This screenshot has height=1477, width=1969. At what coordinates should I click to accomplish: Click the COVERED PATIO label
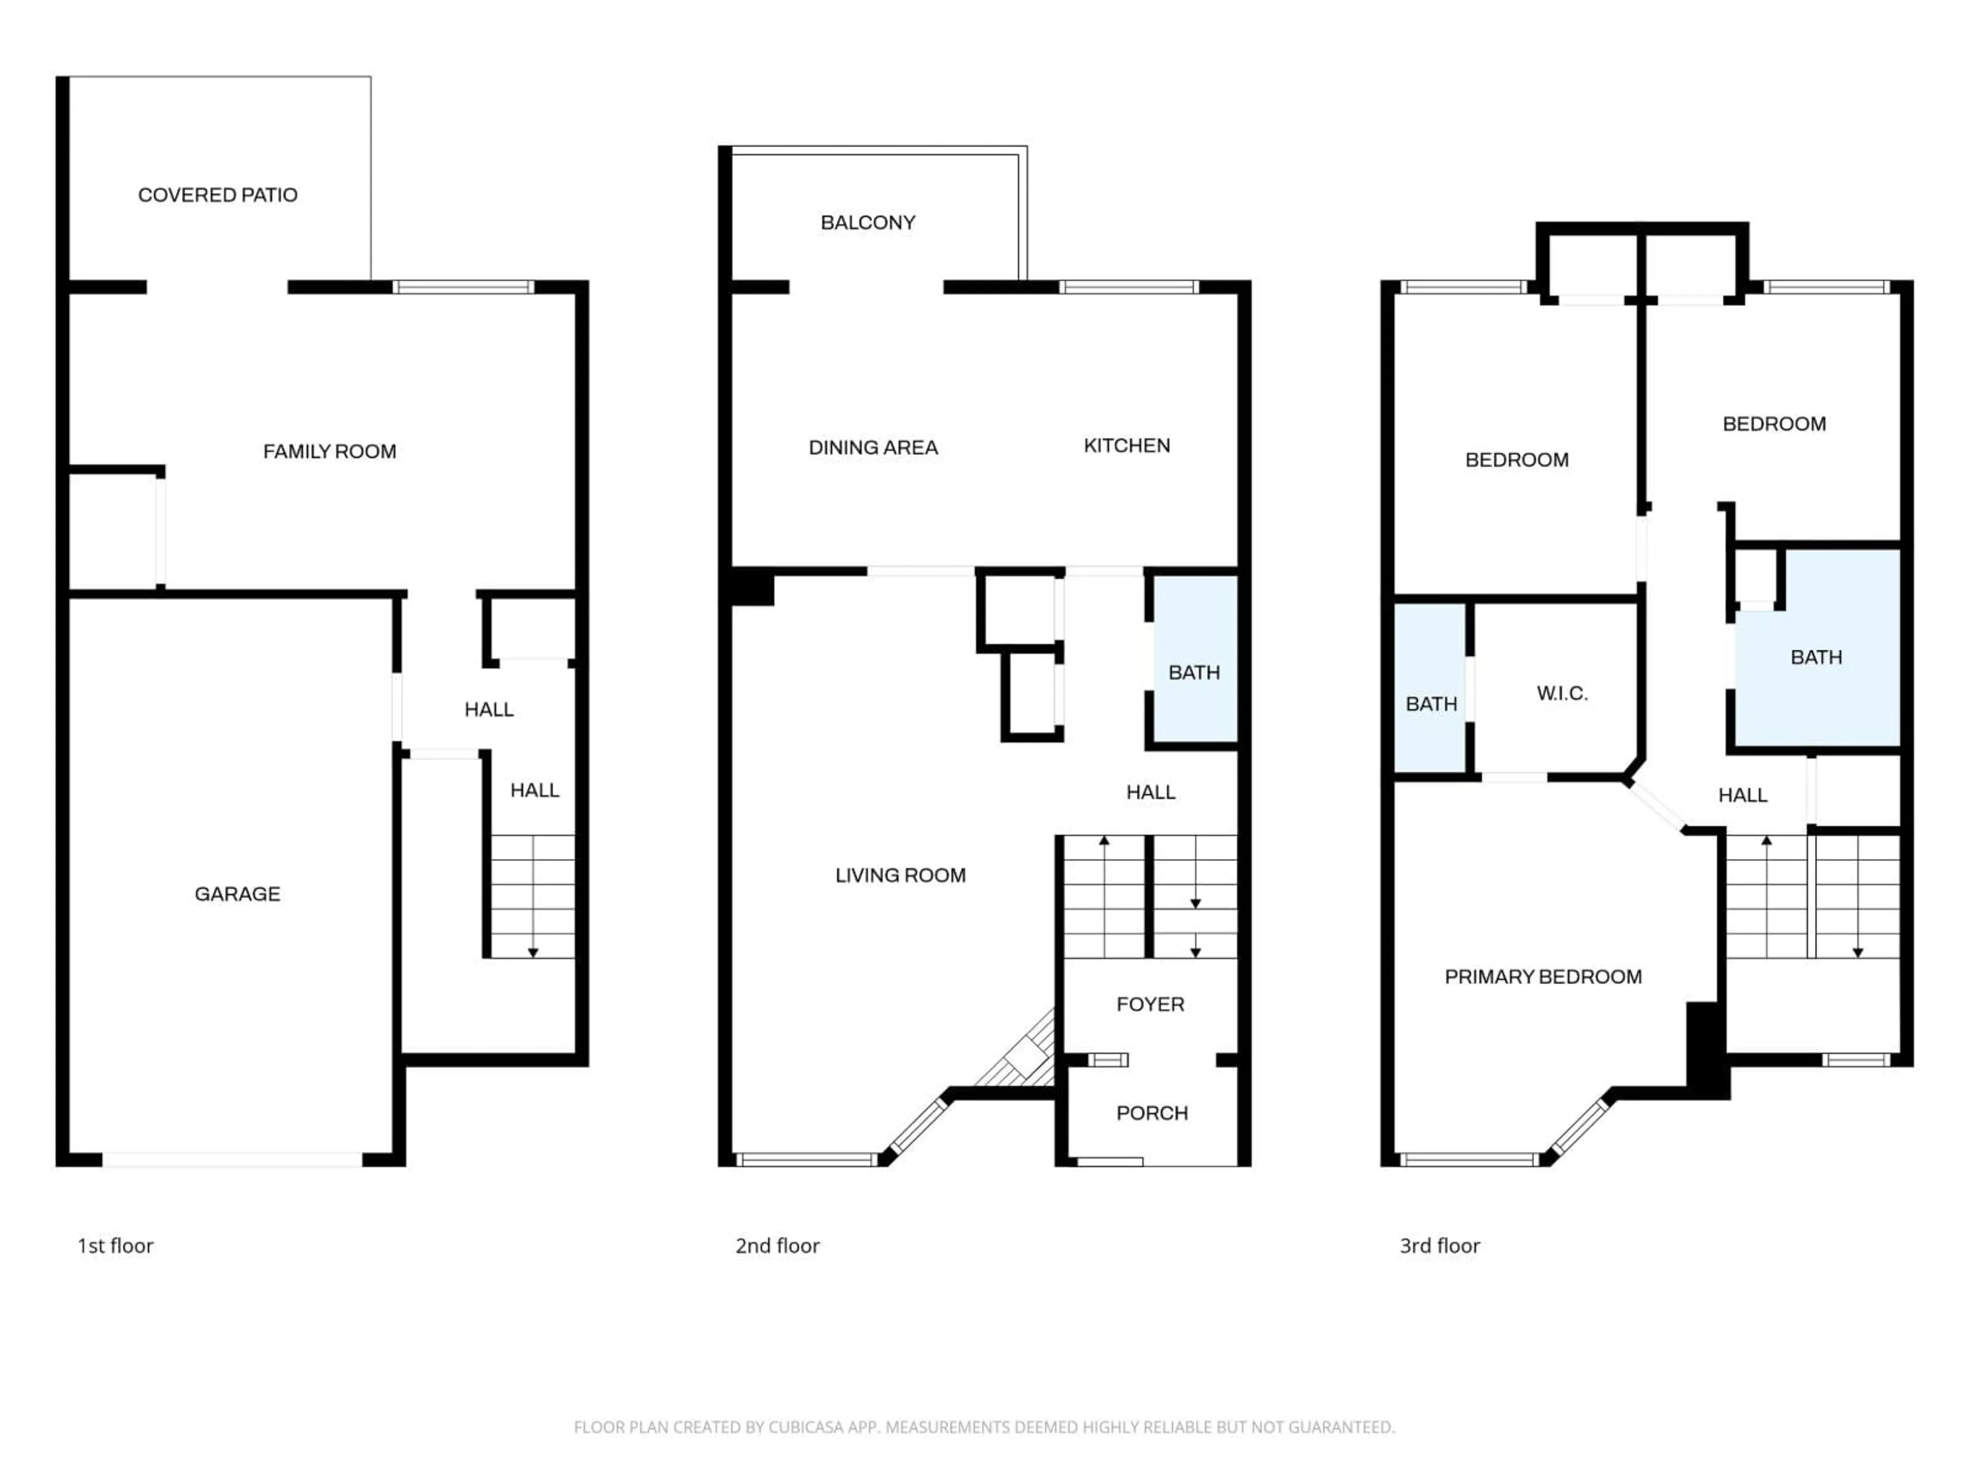tap(217, 195)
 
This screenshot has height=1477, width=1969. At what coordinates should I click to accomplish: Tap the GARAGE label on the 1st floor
tap(237, 894)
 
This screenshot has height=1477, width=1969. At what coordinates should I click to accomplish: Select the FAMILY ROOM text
tap(329, 451)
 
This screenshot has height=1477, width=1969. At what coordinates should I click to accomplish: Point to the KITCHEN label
tap(1126, 445)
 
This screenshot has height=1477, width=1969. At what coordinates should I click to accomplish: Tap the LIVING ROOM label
tap(900, 875)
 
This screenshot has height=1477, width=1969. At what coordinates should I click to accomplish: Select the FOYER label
tap(1150, 1004)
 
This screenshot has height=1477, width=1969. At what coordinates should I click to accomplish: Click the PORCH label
tap(1152, 1113)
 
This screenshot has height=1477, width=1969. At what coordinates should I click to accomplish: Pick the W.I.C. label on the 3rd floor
tap(1561, 693)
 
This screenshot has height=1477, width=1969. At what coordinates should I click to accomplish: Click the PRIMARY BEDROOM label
tap(1542, 976)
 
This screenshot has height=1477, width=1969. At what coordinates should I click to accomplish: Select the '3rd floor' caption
tap(1439, 1246)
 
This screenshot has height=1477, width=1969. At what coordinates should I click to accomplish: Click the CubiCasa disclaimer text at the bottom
tap(983, 1427)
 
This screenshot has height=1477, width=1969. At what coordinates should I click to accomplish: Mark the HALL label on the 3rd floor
tap(1742, 795)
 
